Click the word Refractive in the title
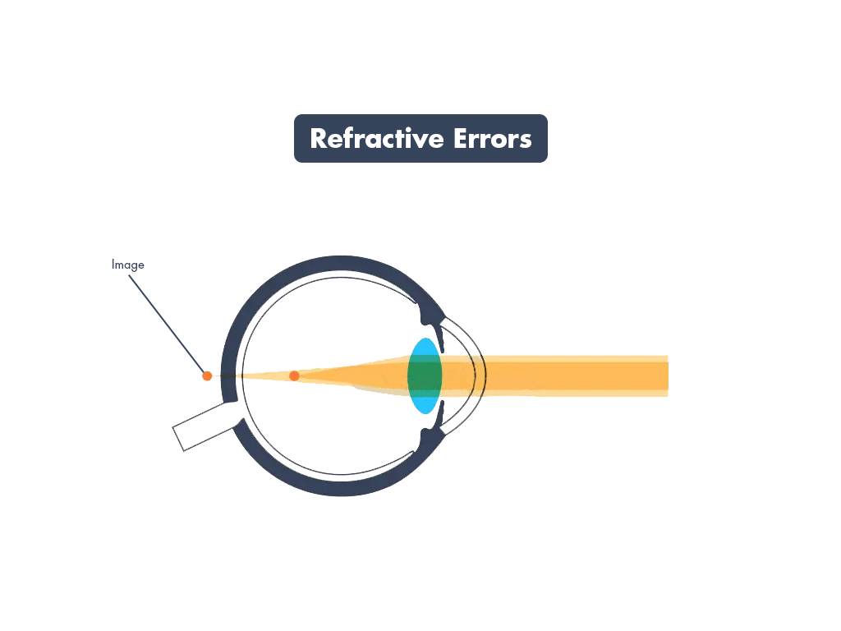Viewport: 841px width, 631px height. click(376, 139)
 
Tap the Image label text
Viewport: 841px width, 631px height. click(128, 265)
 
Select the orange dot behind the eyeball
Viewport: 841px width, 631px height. click(207, 375)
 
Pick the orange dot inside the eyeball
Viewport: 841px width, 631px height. click(294, 375)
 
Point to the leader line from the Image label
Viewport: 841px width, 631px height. click(168, 324)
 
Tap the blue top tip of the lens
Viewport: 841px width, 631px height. click(425, 346)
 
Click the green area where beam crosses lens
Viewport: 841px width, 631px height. click(425, 375)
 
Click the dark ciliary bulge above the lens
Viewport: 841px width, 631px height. click(429, 311)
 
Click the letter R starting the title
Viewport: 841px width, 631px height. click(319, 139)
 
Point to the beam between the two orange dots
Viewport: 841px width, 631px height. click(250, 375)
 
